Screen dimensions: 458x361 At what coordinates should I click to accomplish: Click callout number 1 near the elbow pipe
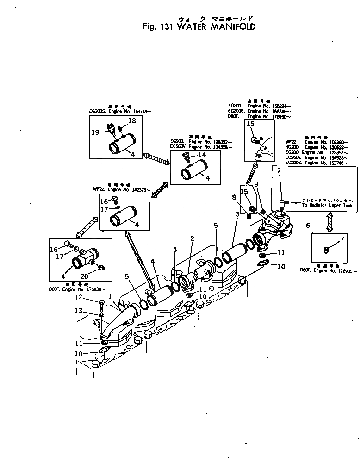[x=110, y=296]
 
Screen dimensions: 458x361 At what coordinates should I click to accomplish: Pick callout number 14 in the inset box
[x=202, y=154]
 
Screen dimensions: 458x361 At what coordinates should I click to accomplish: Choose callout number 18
[x=131, y=120]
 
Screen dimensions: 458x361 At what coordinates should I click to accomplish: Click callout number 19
[x=96, y=132]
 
